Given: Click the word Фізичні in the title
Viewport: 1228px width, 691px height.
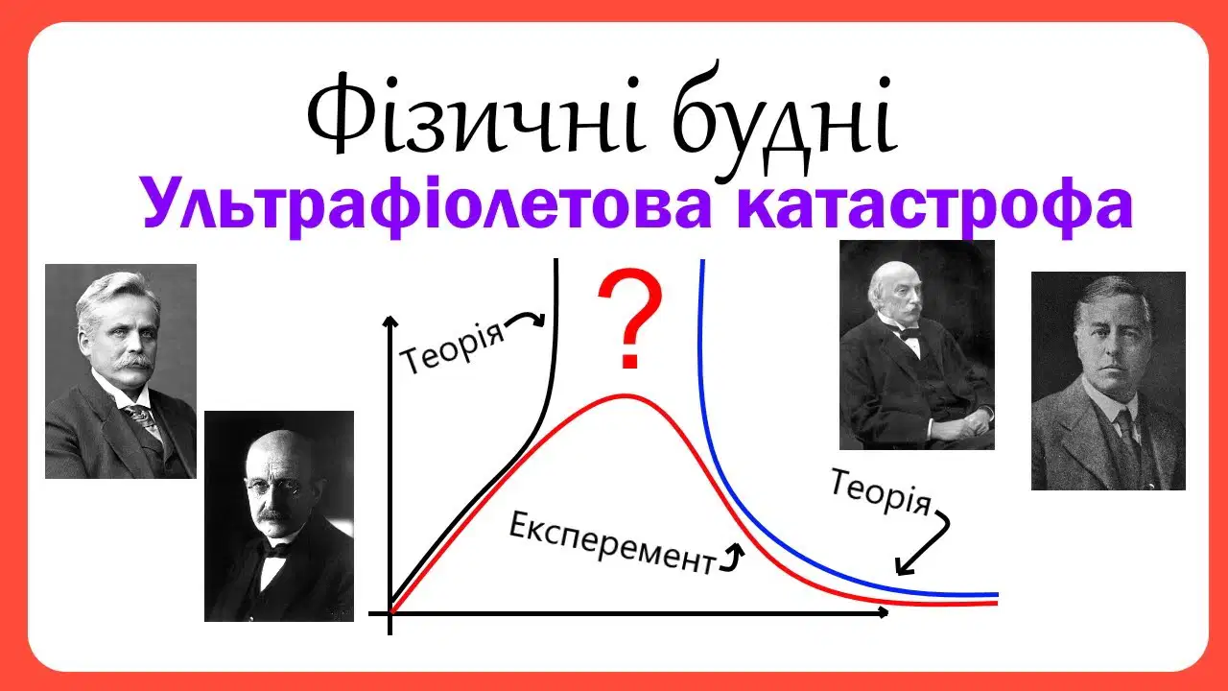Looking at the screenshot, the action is pos(475,116).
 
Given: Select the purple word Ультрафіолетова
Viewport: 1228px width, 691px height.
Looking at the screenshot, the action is pos(427,205).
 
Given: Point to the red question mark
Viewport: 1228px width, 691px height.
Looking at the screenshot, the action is pos(630,318).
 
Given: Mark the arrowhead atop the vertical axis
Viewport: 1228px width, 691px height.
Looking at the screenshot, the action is pos(390,322).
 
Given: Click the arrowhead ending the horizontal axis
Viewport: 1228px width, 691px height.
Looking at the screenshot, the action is pos(884,612).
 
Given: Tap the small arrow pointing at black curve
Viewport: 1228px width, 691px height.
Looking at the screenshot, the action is pos(527,317).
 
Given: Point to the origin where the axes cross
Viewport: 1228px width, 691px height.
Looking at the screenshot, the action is pos(390,613).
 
